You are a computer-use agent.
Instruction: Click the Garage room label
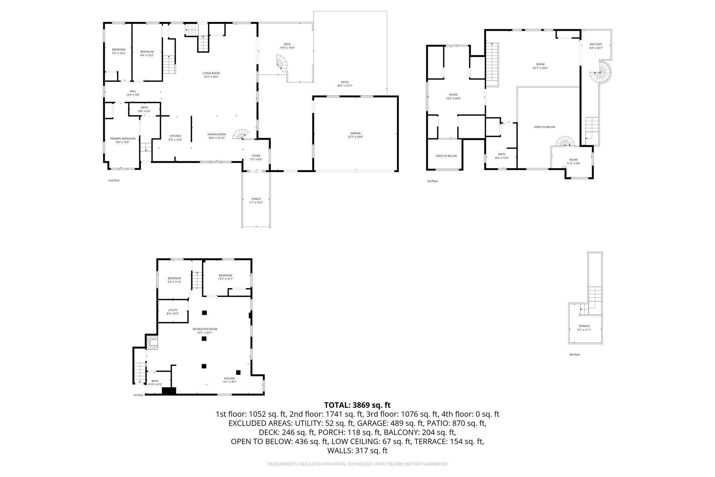(355, 133)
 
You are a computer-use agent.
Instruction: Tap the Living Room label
(211, 73)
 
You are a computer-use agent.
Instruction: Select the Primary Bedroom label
(123, 139)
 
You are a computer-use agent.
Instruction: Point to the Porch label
(256, 199)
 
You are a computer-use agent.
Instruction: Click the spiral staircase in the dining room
(241, 134)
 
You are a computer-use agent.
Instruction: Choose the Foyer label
(256, 156)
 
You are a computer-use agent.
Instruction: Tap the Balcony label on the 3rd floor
(596, 44)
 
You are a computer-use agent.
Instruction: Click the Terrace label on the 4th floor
(584, 326)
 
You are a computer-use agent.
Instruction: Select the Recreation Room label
(205, 329)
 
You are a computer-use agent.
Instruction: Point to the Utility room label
(173, 310)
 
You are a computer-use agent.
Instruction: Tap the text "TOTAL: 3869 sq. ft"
(357, 405)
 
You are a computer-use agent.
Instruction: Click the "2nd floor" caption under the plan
(114, 181)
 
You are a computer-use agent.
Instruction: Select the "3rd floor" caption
(432, 181)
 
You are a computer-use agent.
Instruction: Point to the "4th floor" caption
(575, 355)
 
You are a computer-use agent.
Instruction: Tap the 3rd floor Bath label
(502, 154)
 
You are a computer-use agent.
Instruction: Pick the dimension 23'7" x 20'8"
(355, 137)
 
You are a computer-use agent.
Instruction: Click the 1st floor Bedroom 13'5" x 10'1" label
(226, 276)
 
